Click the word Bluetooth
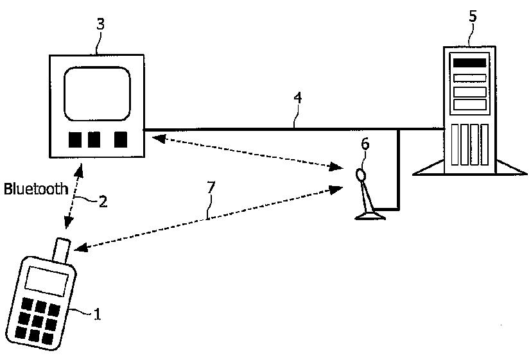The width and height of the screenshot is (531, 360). [x=36, y=189]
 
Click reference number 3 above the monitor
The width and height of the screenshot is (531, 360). [x=100, y=24]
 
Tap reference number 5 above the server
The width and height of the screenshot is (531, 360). [x=473, y=16]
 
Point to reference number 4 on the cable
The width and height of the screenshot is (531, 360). [x=297, y=98]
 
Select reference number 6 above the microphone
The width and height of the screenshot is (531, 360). [x=365, y=144]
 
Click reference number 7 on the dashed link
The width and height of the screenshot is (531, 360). [x=211, y=188]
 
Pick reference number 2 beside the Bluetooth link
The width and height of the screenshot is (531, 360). [x=102, y=200]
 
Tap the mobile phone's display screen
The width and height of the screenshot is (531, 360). [x=46, y=280]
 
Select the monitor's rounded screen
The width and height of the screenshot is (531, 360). [x=98, y=94]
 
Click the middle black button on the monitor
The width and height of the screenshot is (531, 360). [x=94, y=139]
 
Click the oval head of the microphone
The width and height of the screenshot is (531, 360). [x=361, y=174]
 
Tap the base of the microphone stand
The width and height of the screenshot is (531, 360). [x=370, y=216]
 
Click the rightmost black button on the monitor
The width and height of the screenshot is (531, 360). [x=120, y=139]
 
